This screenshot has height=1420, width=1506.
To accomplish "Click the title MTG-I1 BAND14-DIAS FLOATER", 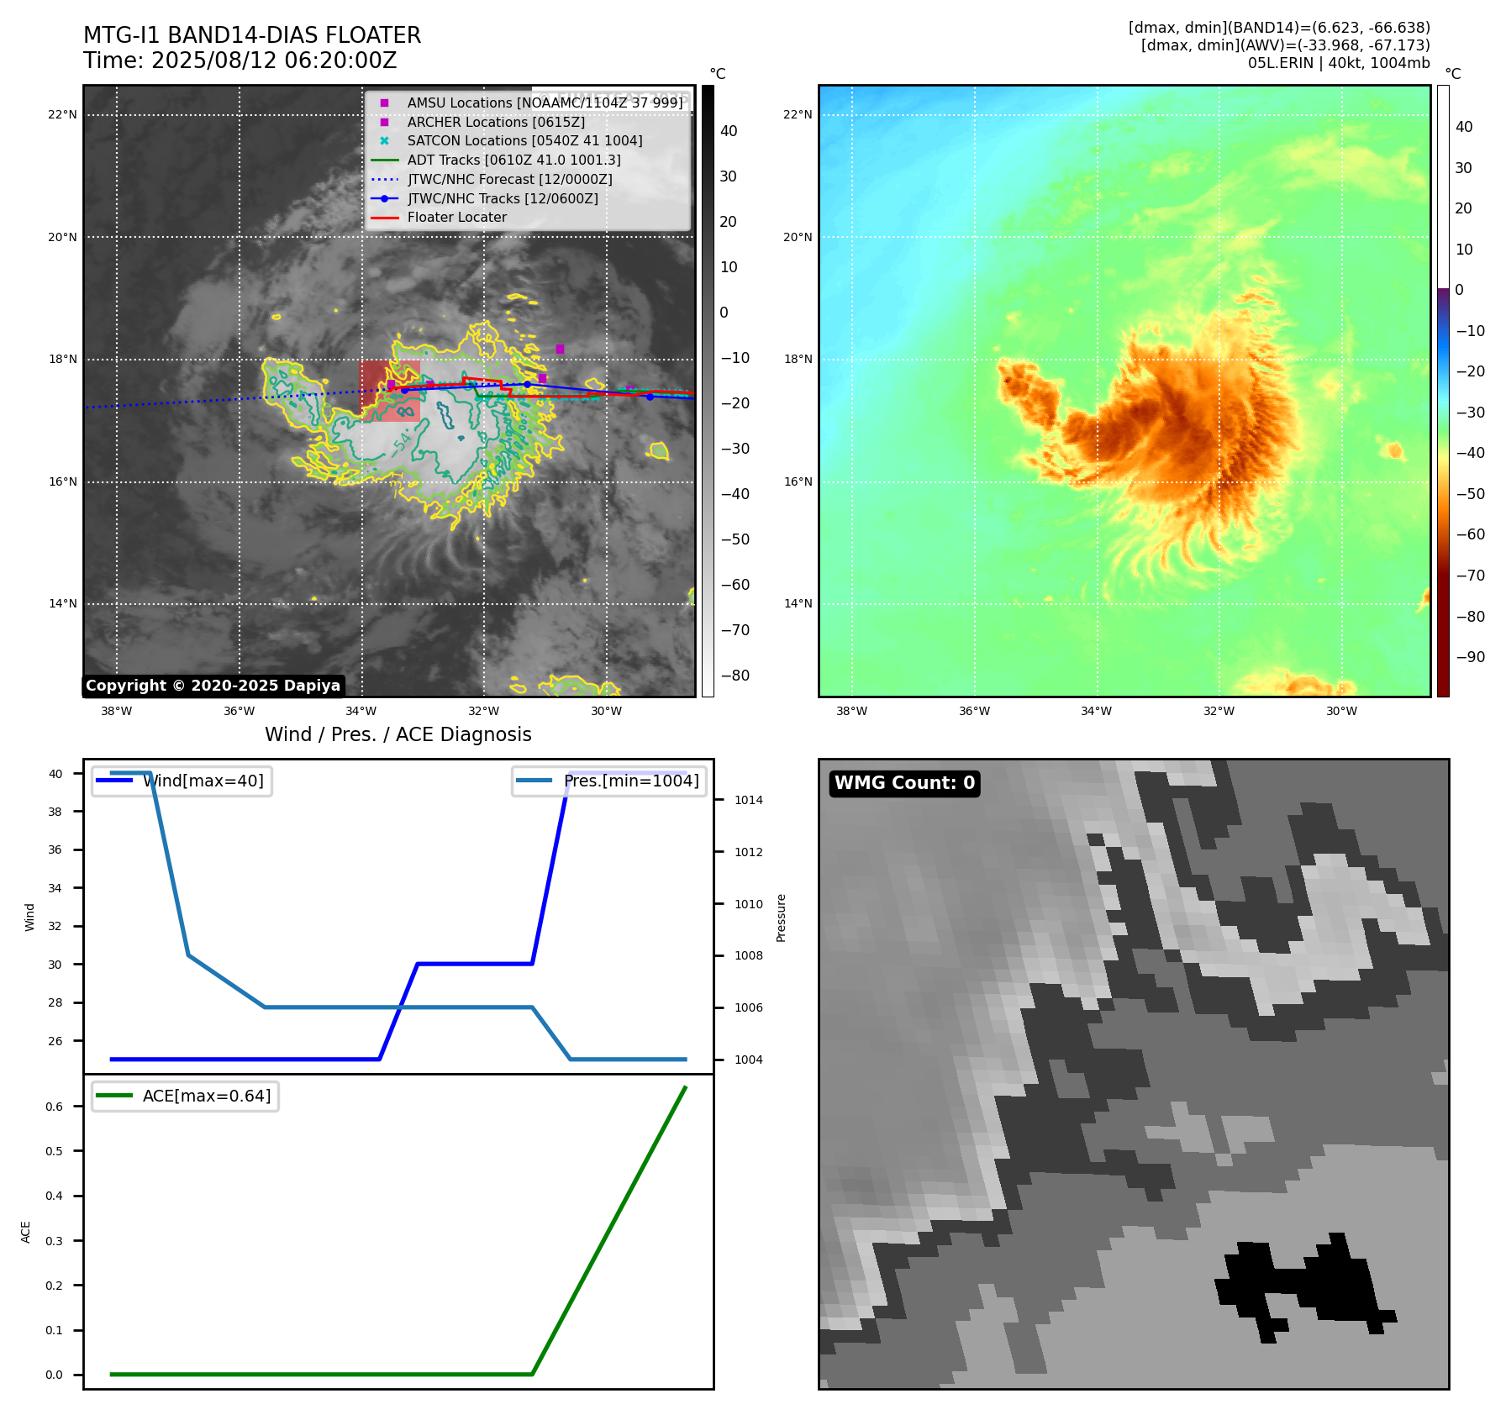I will pos(252,35).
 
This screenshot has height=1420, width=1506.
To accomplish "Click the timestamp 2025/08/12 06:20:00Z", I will pos(274,61).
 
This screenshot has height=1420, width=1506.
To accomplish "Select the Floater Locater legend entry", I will pos(456,218).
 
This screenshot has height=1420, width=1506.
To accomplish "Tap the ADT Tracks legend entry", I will pos(513,160).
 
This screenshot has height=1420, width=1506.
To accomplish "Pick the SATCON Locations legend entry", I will pos(524,141).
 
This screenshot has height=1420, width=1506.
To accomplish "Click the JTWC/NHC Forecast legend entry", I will pos(509,179).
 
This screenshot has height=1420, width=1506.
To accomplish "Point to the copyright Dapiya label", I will pos(213,686).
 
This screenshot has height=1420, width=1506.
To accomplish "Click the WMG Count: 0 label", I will pos(904,783).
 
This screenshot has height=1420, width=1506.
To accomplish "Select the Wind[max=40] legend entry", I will pos(203,781).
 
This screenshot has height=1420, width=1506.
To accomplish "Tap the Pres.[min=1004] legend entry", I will pos(630,781).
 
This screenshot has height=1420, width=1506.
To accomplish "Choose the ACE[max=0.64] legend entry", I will pos(206,1096).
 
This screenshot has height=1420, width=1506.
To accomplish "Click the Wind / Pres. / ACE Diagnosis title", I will pos(398,734).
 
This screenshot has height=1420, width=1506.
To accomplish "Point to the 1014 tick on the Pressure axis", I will pos(748,800).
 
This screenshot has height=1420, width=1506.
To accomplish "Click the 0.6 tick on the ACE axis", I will pos(54,1107).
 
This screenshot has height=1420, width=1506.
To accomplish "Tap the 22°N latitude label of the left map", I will pos(62,115).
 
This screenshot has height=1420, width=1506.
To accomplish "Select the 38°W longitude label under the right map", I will pos(851,711).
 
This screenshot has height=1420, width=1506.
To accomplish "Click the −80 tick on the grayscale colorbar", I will pos(735,676).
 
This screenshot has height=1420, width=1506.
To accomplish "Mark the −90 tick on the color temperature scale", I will pos(1470,657).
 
